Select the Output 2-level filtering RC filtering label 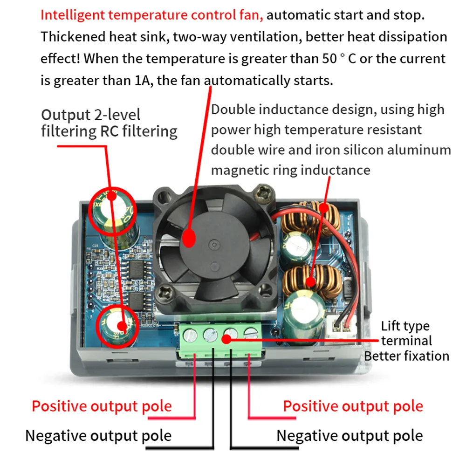(x=109, y=123)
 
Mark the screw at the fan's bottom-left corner (x=166, y=293)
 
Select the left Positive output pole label (x=102, y=406)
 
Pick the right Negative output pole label (x=349, y=436)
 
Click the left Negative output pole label (x=98, y=436)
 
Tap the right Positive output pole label (x=353, y=406)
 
